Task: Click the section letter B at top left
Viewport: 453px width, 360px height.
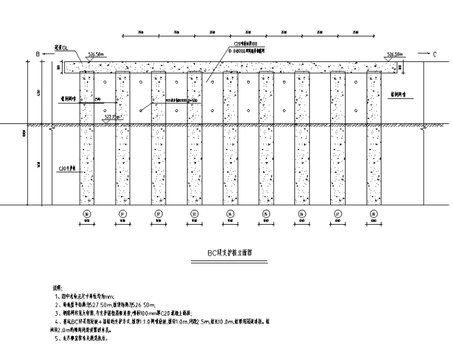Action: [x=38, y=54]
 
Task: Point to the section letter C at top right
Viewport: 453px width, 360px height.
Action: [x=435, y=54]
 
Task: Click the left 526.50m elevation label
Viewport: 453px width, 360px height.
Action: [x=95, y=54]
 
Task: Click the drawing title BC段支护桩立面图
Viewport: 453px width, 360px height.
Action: [x=229, y=253]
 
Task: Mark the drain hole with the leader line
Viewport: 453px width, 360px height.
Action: [x=141, y=110]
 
